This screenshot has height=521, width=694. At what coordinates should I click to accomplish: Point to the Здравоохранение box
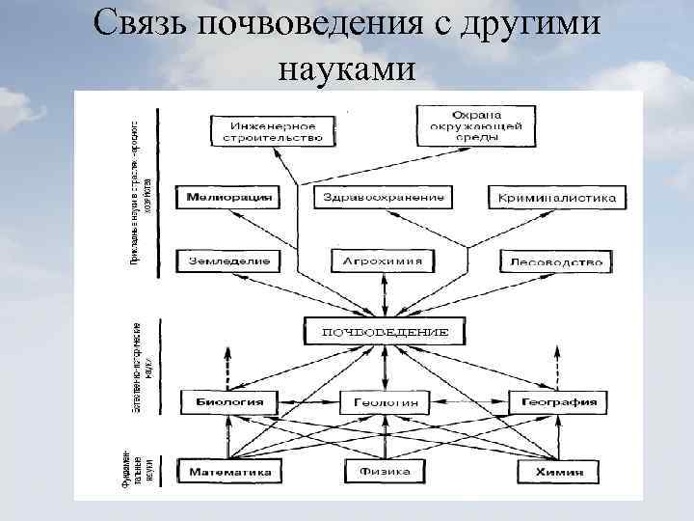(x=381, y=198)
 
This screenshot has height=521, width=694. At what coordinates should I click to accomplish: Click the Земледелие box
(x=228, y=261)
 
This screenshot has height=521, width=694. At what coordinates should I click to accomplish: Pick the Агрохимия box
(x=383, y=261)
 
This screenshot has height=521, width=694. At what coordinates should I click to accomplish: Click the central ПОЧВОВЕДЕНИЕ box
(x=384, y=332)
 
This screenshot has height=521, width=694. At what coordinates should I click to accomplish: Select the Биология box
(x=227, y=401)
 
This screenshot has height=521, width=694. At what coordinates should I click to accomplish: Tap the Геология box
(x=384, y=401)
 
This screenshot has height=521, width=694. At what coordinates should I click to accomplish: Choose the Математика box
(x=229, y=472)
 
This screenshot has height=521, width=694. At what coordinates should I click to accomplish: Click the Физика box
(x=385, y=472)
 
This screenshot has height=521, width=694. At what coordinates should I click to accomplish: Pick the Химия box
(x=557, y=472)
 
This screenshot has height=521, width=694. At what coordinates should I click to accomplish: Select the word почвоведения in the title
(x=311, y=24)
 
